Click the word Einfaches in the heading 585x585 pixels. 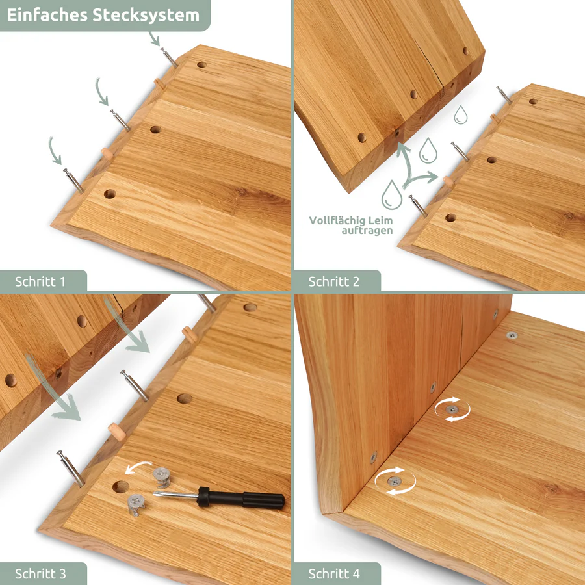coord(47,16)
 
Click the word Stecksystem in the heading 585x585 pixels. coord(146,16)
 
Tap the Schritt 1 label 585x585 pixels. coord(40,281)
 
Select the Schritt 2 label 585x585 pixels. coord(334,281)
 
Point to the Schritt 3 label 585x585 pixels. coord(40,573)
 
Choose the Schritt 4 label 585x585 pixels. coord(334,573)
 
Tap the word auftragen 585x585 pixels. coord(367,231)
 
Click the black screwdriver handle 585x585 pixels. coord(241,499)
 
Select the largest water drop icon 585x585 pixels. coord(392,195)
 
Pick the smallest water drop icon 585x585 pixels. coord(461,114)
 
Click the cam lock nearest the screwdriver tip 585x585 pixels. coord(162,478)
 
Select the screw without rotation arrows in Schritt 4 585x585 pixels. coord(512,335)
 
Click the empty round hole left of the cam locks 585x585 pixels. coord(121,487)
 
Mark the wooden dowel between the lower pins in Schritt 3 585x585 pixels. coord(117,432)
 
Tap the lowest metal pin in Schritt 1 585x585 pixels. coord(73,181)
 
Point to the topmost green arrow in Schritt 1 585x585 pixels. coord(154,38)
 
